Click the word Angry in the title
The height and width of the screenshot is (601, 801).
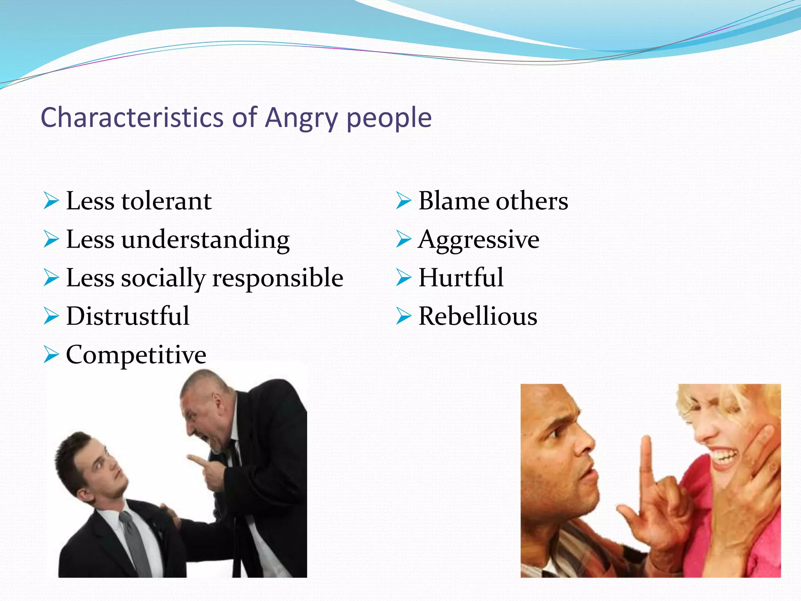(x=301, y=118)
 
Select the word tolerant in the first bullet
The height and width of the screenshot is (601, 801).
(x=166, y=201)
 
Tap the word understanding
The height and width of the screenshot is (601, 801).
(x=205, y=239)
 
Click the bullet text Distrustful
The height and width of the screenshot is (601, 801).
(x=128, y=316)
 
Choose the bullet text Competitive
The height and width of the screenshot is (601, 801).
(x=136, y=354)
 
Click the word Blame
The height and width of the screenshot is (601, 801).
(x=454, y=201)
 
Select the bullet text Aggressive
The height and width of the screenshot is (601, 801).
(x=479, y=239)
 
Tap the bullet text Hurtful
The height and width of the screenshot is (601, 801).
(x=461, y=278)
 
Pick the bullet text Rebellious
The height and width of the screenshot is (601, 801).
(x=478, y=316)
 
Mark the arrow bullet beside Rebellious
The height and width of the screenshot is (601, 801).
(x=403, y=316)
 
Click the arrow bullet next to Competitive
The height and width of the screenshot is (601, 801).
(x=51, y=354)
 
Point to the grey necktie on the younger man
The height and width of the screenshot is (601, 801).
(x=137, y=544)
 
